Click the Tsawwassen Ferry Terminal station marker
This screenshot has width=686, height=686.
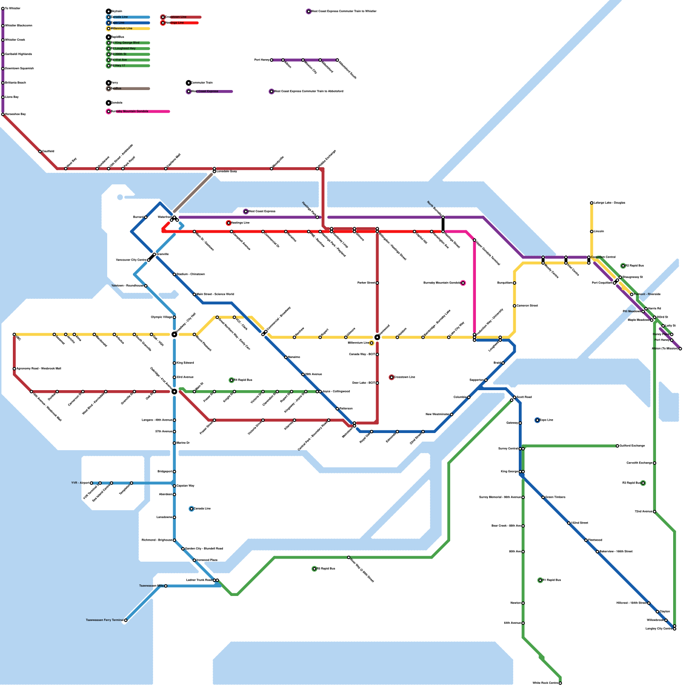click(x=126, y=620)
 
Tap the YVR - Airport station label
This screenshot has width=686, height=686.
click(x=80, y=483)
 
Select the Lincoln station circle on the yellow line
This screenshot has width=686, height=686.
click(x=592, y=232)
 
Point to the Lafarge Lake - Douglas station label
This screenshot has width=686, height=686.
click(x=609, y=203)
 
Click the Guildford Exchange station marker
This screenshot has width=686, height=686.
click(x=617, y=446)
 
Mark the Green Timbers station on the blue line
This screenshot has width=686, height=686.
click(x=543, y=497)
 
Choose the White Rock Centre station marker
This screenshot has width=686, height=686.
click(x=560, y=683)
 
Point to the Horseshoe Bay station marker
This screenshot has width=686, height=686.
click(x=3, y=114)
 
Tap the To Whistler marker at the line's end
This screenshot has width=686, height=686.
click(x=3, y=9)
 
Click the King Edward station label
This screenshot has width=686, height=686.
click(x=185, y=363)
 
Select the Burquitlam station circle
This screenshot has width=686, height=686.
click(x=514, y=283)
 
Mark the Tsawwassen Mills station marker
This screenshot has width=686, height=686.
click(x=166, y=586)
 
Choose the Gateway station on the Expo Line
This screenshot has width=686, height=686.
click(x=520, y=423)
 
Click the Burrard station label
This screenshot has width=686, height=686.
click(x=138, y=217)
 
